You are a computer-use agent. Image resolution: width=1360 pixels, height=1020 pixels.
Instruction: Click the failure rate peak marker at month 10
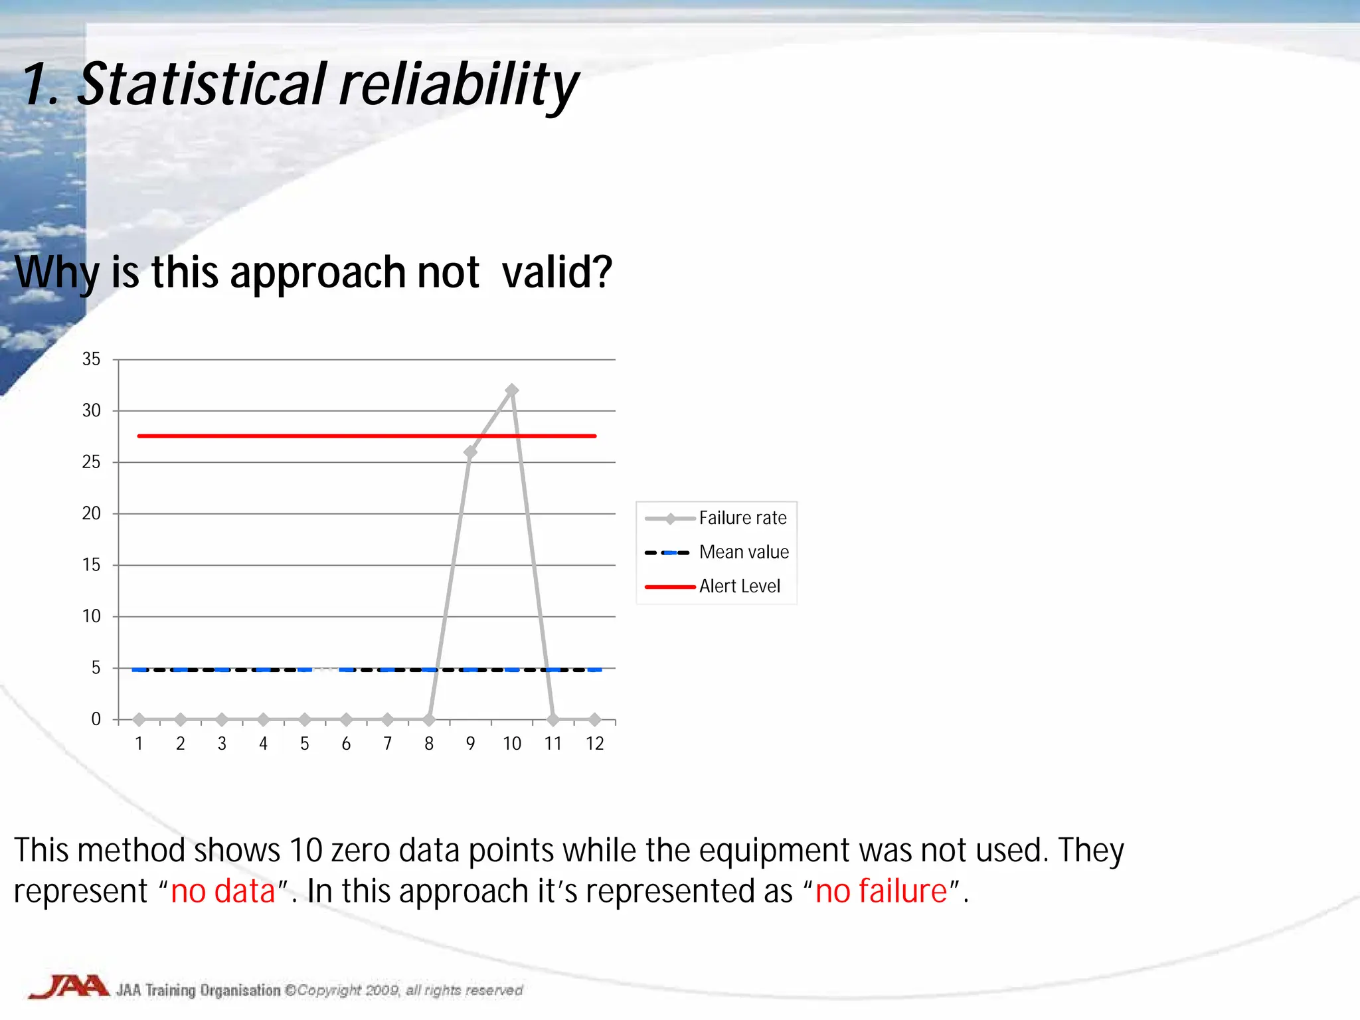point(511,390)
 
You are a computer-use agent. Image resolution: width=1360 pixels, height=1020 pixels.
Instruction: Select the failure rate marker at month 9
point(470,452)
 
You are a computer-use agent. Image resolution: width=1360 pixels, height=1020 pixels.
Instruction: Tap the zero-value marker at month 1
point(139,719)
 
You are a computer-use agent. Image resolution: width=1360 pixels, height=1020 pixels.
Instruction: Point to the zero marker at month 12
point(594,719)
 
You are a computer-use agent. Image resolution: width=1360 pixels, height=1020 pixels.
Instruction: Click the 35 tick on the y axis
point(92,359)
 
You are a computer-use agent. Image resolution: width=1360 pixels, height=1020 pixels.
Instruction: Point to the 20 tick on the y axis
point(92,513)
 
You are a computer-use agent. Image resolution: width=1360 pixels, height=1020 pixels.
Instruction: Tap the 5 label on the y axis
point(96,667)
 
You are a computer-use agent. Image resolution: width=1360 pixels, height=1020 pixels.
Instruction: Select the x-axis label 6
point(346,744)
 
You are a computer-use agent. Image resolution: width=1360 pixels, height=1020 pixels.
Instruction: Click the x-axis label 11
point(553,744)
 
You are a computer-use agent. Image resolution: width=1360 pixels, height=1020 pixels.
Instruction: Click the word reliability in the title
point(458,85)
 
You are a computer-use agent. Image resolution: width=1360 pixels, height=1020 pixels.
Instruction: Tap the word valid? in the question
point(556,272)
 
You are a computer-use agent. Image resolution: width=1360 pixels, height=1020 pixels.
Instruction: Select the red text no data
point(222,891)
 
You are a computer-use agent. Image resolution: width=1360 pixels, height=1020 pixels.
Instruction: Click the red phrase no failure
point(881,891)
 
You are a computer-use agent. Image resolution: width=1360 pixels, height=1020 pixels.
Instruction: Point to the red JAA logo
point(68,987)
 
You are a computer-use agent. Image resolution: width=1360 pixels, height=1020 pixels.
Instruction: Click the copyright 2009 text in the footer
point(349,991)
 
